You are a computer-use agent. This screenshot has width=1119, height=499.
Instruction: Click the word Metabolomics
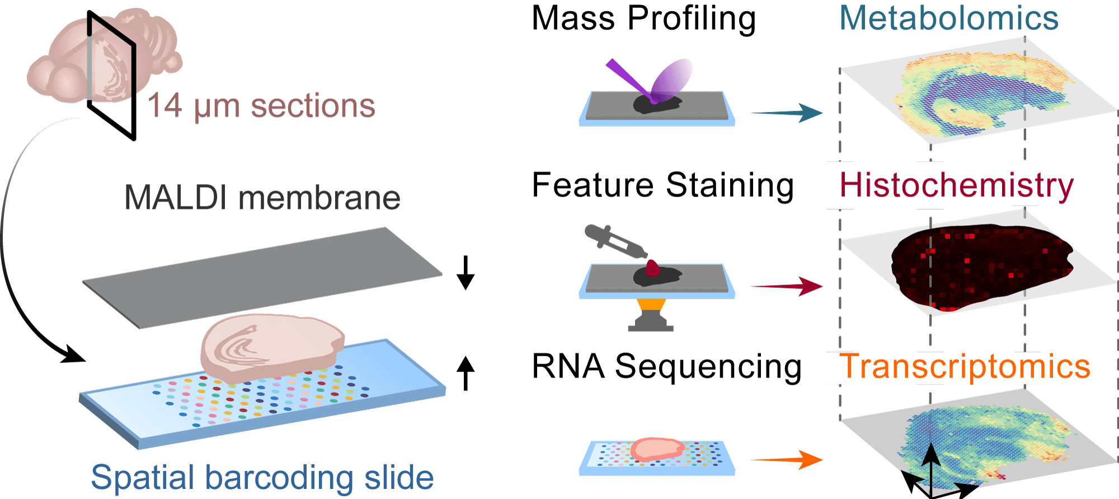(948, 18)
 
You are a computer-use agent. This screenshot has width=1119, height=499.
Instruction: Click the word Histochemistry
(956, 185)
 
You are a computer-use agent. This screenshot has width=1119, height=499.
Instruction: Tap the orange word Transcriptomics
(965, 367)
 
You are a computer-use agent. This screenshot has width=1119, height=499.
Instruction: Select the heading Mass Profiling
(643, 18)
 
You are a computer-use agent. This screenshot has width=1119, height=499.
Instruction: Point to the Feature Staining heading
(662, 185)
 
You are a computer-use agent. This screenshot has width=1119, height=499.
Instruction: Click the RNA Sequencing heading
(666, 367)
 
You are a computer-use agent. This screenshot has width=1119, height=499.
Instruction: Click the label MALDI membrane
(262, 198)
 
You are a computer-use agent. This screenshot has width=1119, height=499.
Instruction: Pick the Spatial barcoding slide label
(262, 477)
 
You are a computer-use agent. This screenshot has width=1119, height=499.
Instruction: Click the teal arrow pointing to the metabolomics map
(787, 113)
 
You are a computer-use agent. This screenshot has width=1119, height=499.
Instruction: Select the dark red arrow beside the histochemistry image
(787, 286)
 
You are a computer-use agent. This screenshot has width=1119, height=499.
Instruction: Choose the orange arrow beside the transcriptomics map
(787, 460)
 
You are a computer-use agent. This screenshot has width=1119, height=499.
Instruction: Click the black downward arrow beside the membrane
(465, 273)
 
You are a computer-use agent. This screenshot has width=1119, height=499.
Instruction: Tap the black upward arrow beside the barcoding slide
(465, 373)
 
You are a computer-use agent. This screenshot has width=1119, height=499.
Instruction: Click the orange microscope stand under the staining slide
(651, 307)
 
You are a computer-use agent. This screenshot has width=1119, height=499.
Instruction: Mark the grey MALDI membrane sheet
(263, 277)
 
